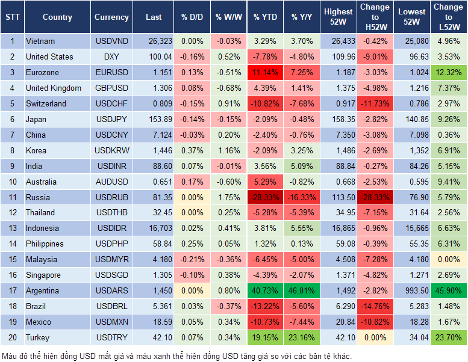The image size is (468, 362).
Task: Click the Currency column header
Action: coord(111,17)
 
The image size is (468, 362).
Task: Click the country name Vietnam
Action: coord(40,41)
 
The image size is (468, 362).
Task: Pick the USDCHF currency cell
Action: coord(111,104)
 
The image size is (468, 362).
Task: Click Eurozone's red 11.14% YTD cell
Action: coord(266,73)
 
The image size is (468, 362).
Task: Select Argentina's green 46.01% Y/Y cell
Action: coord(303,291)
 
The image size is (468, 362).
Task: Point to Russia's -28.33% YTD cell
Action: coord(266,197)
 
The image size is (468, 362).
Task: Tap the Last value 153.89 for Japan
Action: coord(154,120)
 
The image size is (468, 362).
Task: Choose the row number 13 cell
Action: coord(12,229)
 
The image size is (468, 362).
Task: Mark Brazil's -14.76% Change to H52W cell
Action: coord(375,307)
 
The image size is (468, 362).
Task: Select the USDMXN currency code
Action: coord(111,322)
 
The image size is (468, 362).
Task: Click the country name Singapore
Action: coord(43,275)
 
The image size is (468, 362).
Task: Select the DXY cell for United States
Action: coord(111,57)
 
